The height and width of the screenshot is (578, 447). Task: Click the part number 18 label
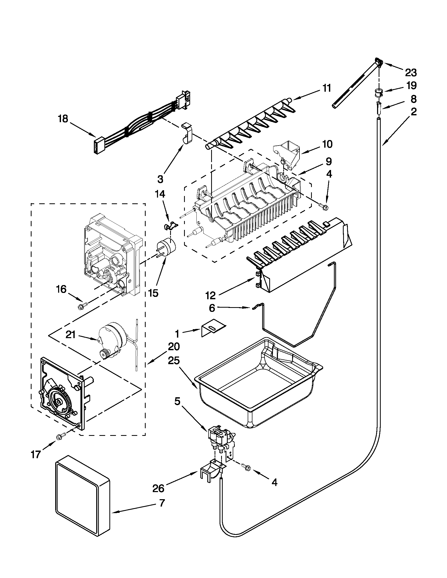tap(63, 119)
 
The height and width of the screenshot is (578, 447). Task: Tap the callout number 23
tap(411, 72)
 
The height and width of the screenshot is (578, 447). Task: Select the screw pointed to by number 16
tap(80, 307)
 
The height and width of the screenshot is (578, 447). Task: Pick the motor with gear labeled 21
tap(110, 339)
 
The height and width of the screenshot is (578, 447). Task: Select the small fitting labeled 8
tap(379, 107)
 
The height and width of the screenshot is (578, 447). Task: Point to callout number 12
tap(211, 295)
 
